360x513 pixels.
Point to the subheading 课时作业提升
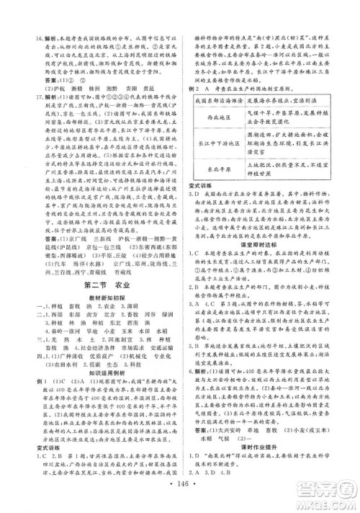pyautogui.click(x=267, y=448)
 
